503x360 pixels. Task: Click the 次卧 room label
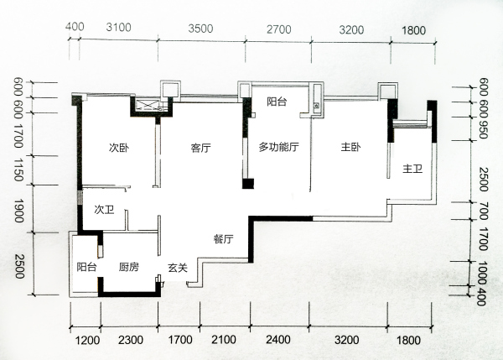[119, 148]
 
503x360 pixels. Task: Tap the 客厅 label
[201, 148]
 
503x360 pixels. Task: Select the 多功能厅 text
[279, 147]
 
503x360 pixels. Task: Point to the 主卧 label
[350, 147]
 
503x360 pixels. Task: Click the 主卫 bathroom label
[412, 169]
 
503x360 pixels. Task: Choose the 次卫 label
[104, 210]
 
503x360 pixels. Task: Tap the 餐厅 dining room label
[223, 239]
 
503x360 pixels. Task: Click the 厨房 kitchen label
[128, 267]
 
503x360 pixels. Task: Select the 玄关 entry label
[178, 268]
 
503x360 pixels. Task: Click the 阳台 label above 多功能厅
[277, 102]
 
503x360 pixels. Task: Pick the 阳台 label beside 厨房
[86, 267]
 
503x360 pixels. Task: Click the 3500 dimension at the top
[200, 29]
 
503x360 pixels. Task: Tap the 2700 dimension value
[279, 29]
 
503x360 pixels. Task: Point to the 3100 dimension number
[119, 28]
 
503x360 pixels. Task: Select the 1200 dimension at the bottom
[87, 340]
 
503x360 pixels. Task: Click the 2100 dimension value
[224, 340]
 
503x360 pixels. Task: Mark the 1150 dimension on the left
[18, 170]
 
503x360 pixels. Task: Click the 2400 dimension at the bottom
[278, 340]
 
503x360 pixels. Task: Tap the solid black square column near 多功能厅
[248, 184]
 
